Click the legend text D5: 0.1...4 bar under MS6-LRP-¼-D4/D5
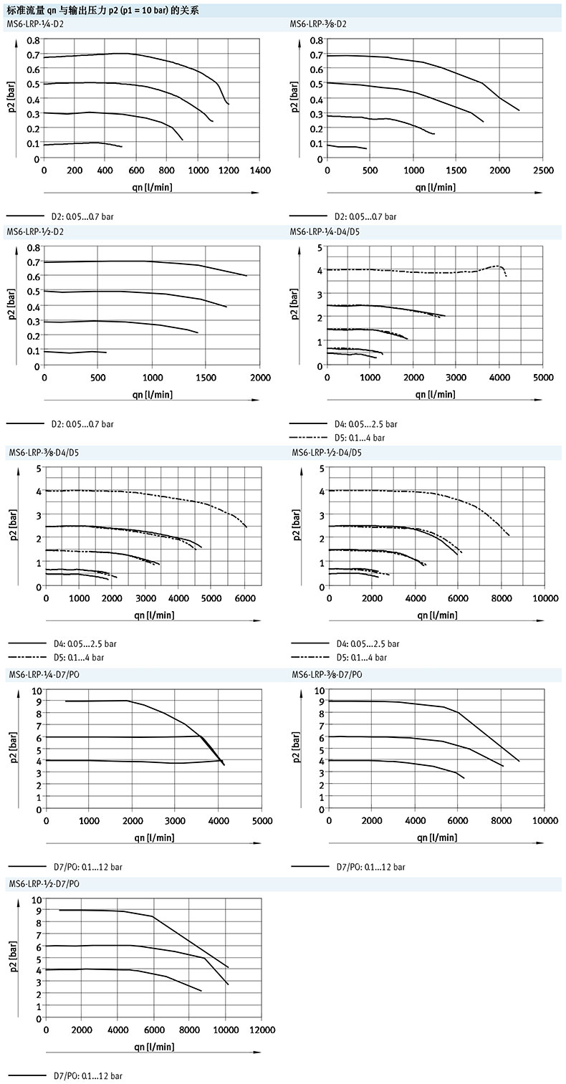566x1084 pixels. pos(360,437)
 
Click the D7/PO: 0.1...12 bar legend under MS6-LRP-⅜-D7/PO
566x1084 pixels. pos(370,867)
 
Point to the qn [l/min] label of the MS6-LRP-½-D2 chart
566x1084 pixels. pos(152,394)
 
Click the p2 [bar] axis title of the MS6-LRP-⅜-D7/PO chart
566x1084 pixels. pos(295,749)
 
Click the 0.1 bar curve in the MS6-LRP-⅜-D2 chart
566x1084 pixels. pos(347,147)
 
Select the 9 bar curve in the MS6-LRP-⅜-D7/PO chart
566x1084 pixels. pos(401,703)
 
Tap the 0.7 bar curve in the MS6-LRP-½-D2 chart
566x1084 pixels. pos(143,262)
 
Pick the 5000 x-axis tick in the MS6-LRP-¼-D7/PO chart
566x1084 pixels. pos(262,820)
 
